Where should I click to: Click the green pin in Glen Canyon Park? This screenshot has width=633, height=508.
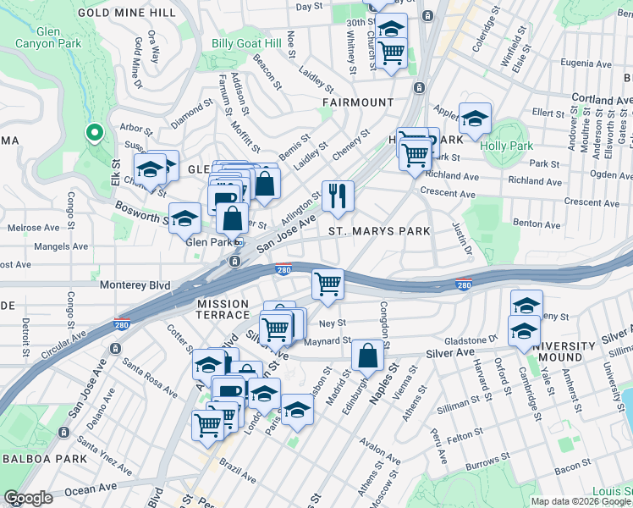click(94, 134)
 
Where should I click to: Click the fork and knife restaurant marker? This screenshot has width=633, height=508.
click(338, 196)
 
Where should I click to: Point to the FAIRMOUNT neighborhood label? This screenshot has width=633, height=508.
click(358, 102)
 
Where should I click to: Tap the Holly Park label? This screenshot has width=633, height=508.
click(505, 145)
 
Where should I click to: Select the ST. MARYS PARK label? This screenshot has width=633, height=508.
click(379, 230)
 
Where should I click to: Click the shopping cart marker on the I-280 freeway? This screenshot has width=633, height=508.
click(328, 284)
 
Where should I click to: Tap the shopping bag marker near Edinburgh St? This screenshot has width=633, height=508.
click(367, 356)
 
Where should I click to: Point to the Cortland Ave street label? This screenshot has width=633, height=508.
click(602, 100)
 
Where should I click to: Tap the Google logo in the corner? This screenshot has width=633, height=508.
click(29, 498)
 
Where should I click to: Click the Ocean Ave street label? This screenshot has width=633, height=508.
click(90, 489)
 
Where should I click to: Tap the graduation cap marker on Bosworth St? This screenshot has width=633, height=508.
click(184, 218)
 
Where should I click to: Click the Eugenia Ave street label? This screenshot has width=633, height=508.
click(579, 63)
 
